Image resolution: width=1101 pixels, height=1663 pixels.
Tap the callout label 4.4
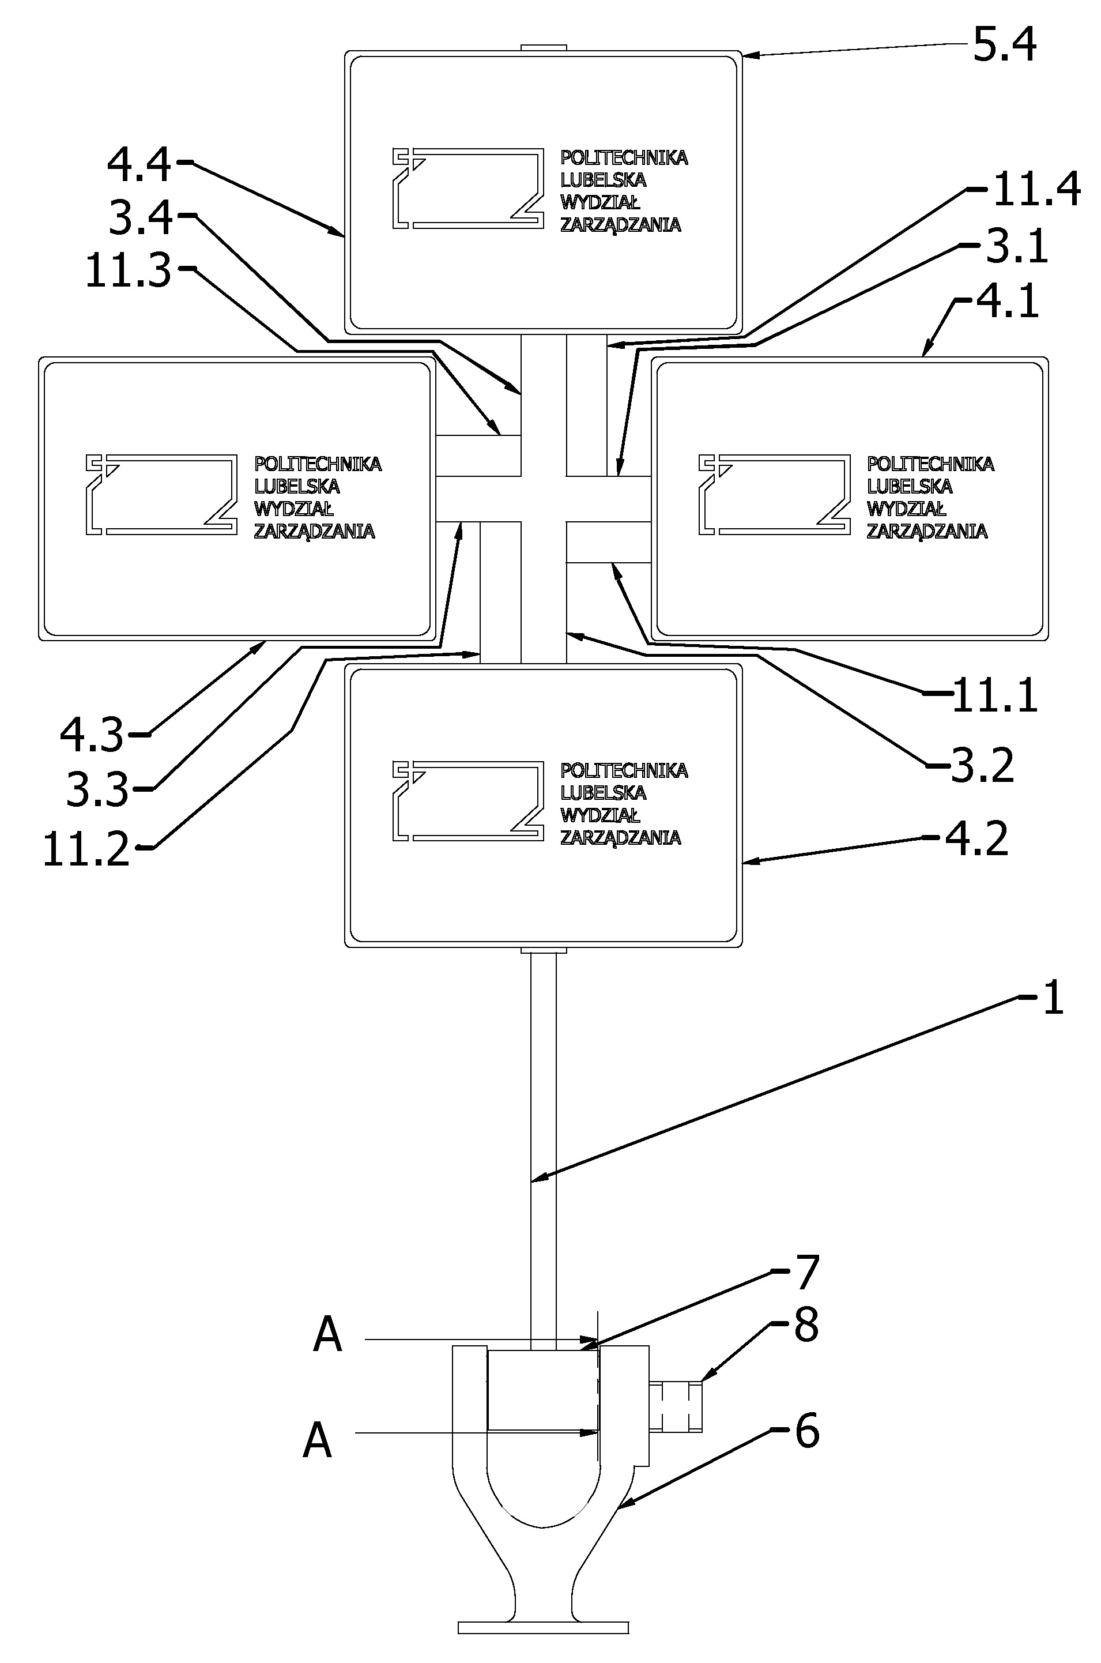(139, 165)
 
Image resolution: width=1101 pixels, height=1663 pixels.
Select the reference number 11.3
(128, 271)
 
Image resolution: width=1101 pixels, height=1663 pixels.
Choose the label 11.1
(994, 696)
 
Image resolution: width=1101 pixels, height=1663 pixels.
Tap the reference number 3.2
(982, 766)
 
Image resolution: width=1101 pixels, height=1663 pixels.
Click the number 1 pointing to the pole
(1053, 999)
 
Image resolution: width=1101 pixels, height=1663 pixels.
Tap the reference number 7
(806, 1272)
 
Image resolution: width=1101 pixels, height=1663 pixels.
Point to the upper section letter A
(327, 1335)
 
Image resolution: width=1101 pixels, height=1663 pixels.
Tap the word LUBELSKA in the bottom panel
(604, 793)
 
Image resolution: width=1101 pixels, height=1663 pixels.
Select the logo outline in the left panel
(161, 494)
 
